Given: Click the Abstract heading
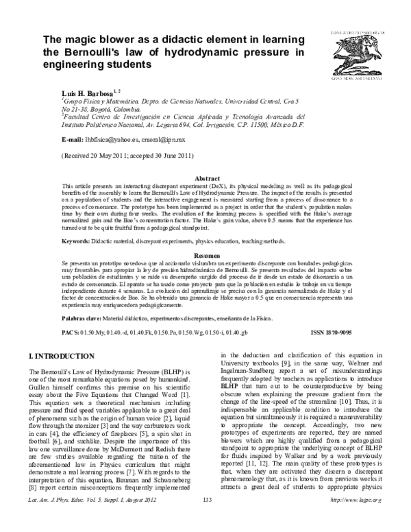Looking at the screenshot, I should (206, 178).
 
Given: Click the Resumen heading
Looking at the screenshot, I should (206, 254).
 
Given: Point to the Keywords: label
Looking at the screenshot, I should (78, 241).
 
